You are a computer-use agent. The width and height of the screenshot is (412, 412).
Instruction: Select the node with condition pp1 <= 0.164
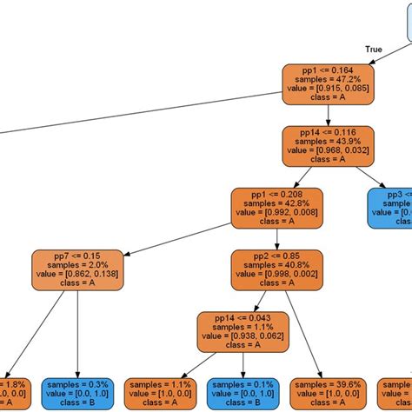(x=328, y=83)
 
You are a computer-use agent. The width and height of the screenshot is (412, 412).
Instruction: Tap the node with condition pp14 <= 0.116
(x=328, y=146)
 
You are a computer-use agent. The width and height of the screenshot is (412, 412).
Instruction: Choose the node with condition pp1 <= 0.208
(x=276, y=209)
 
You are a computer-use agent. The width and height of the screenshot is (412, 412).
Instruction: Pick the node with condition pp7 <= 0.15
(x=76, y=271)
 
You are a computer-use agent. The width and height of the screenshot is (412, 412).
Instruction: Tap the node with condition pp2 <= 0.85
(x=276, y=271)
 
